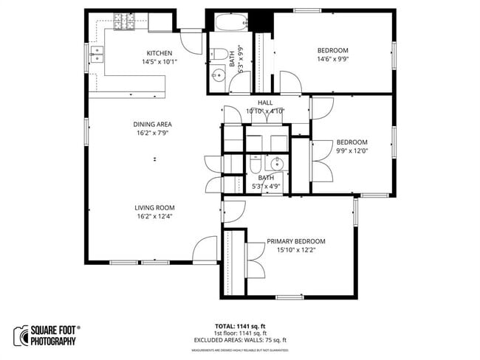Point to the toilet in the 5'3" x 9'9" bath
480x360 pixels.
(x=218, y=53)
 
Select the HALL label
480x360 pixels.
(x=265, y=103)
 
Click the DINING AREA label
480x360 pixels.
(x=153, y=124)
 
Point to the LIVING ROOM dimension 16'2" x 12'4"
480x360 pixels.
(x=154, y=217)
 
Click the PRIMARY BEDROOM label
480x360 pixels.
(x=296, y=241)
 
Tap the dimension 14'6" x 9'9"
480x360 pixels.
(x=332, y=60)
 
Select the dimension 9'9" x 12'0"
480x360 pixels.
(x=352, y=152)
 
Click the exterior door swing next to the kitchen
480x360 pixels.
(x=191, y=41)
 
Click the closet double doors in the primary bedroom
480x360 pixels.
(x=256, y=259)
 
